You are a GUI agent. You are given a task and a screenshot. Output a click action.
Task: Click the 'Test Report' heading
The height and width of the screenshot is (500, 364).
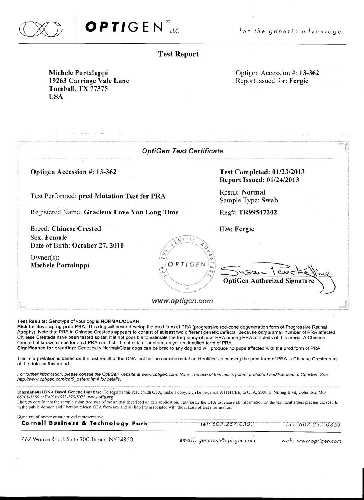point(178,54)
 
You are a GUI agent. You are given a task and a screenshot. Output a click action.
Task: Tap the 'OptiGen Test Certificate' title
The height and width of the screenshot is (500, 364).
point(183,151)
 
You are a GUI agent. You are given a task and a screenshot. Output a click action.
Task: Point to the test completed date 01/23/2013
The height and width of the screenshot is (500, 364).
point(288,172)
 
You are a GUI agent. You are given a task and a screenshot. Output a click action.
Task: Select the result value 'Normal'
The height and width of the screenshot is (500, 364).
point(253,192)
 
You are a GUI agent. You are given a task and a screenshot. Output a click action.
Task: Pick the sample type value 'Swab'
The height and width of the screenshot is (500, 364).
point(269,200)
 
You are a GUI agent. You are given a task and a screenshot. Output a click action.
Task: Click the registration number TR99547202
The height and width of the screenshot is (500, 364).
point(258,213)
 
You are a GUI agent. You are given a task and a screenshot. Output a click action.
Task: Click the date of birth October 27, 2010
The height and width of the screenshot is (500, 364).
point(98,245)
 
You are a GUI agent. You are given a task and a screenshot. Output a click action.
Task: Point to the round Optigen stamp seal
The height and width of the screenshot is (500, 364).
point(186,264)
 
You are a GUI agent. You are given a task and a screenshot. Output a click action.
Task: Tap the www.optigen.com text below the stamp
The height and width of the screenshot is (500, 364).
point(183,301)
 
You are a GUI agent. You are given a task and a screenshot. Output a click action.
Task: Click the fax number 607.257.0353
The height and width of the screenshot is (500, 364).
point(320,425)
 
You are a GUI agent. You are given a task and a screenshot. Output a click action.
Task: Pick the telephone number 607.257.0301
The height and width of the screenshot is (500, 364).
point(232,424)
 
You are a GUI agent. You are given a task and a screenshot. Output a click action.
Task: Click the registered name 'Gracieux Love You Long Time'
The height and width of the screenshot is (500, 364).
point(131,213)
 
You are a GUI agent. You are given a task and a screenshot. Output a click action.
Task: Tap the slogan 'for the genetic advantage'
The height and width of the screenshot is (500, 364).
point(290,32)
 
